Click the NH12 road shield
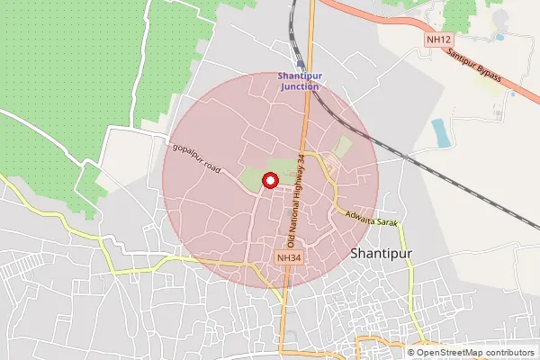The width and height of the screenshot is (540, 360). [438, 40]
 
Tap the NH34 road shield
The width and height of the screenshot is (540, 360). [286, 258]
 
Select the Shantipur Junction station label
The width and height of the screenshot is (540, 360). [298, 81]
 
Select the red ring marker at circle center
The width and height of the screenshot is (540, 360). [268, 182]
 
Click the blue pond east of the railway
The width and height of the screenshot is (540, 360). [441, 132]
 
